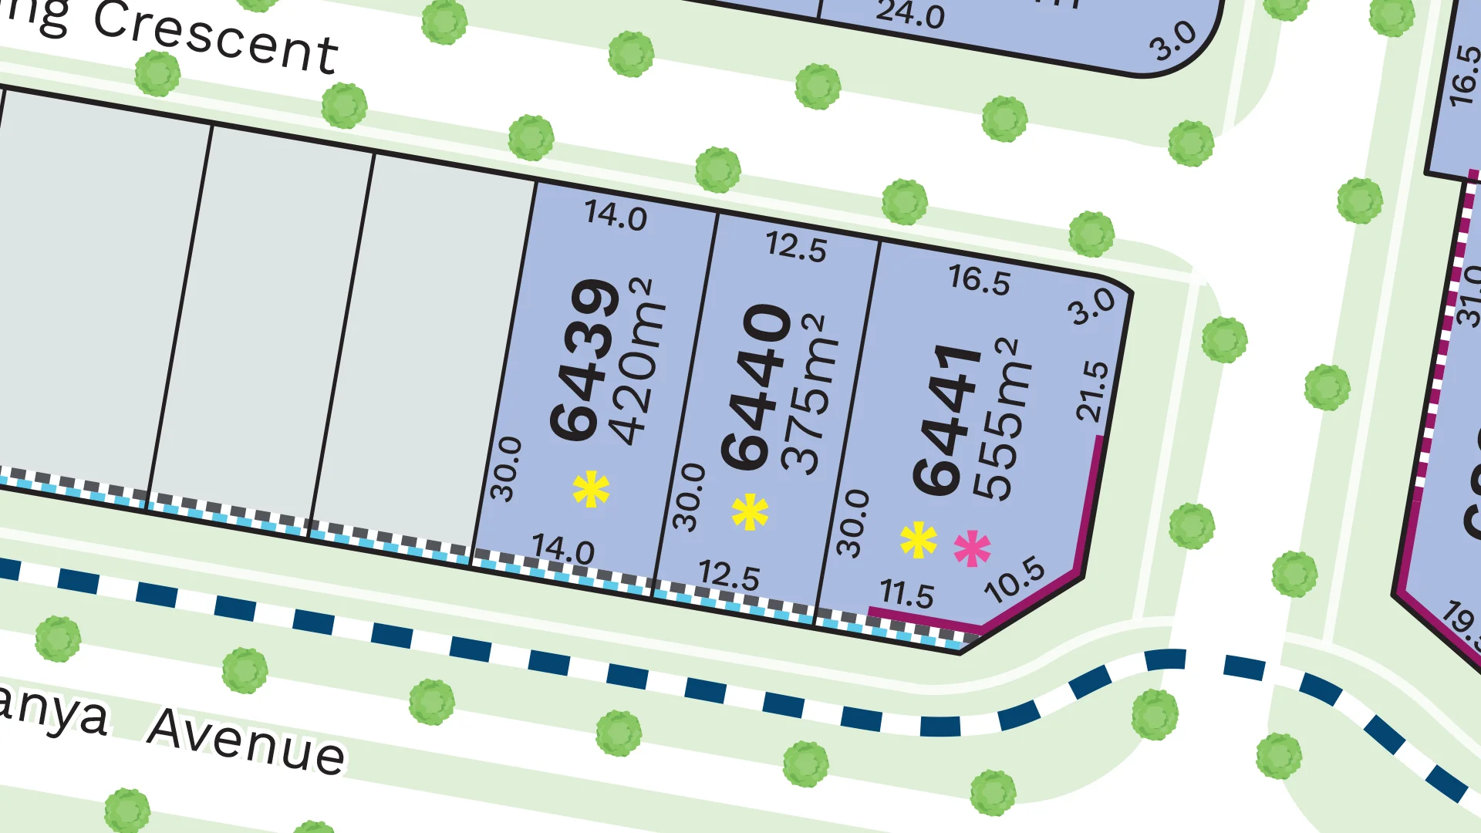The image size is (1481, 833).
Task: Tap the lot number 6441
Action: (947, 420)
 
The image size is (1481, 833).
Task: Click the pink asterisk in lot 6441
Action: (972, 548)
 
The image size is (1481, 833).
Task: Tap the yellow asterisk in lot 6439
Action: (591, 489)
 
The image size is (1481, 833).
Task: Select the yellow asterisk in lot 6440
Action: (750, 512)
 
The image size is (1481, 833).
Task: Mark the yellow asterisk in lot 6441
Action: (918, 539)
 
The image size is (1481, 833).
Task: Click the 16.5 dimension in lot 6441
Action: (979, 279)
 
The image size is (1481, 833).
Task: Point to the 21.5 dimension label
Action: (1092, 391)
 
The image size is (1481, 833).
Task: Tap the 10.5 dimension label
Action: (1015, 579)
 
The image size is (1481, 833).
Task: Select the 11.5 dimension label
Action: (906, 594)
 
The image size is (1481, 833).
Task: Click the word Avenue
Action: (247, 742)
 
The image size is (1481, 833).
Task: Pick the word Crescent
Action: (216, 39)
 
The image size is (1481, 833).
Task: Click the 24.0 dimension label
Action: (910, 14)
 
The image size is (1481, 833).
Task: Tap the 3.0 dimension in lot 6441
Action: (1091, 306)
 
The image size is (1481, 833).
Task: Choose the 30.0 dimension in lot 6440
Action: (689, 497)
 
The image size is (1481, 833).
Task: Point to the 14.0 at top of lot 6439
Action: (616, 215)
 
